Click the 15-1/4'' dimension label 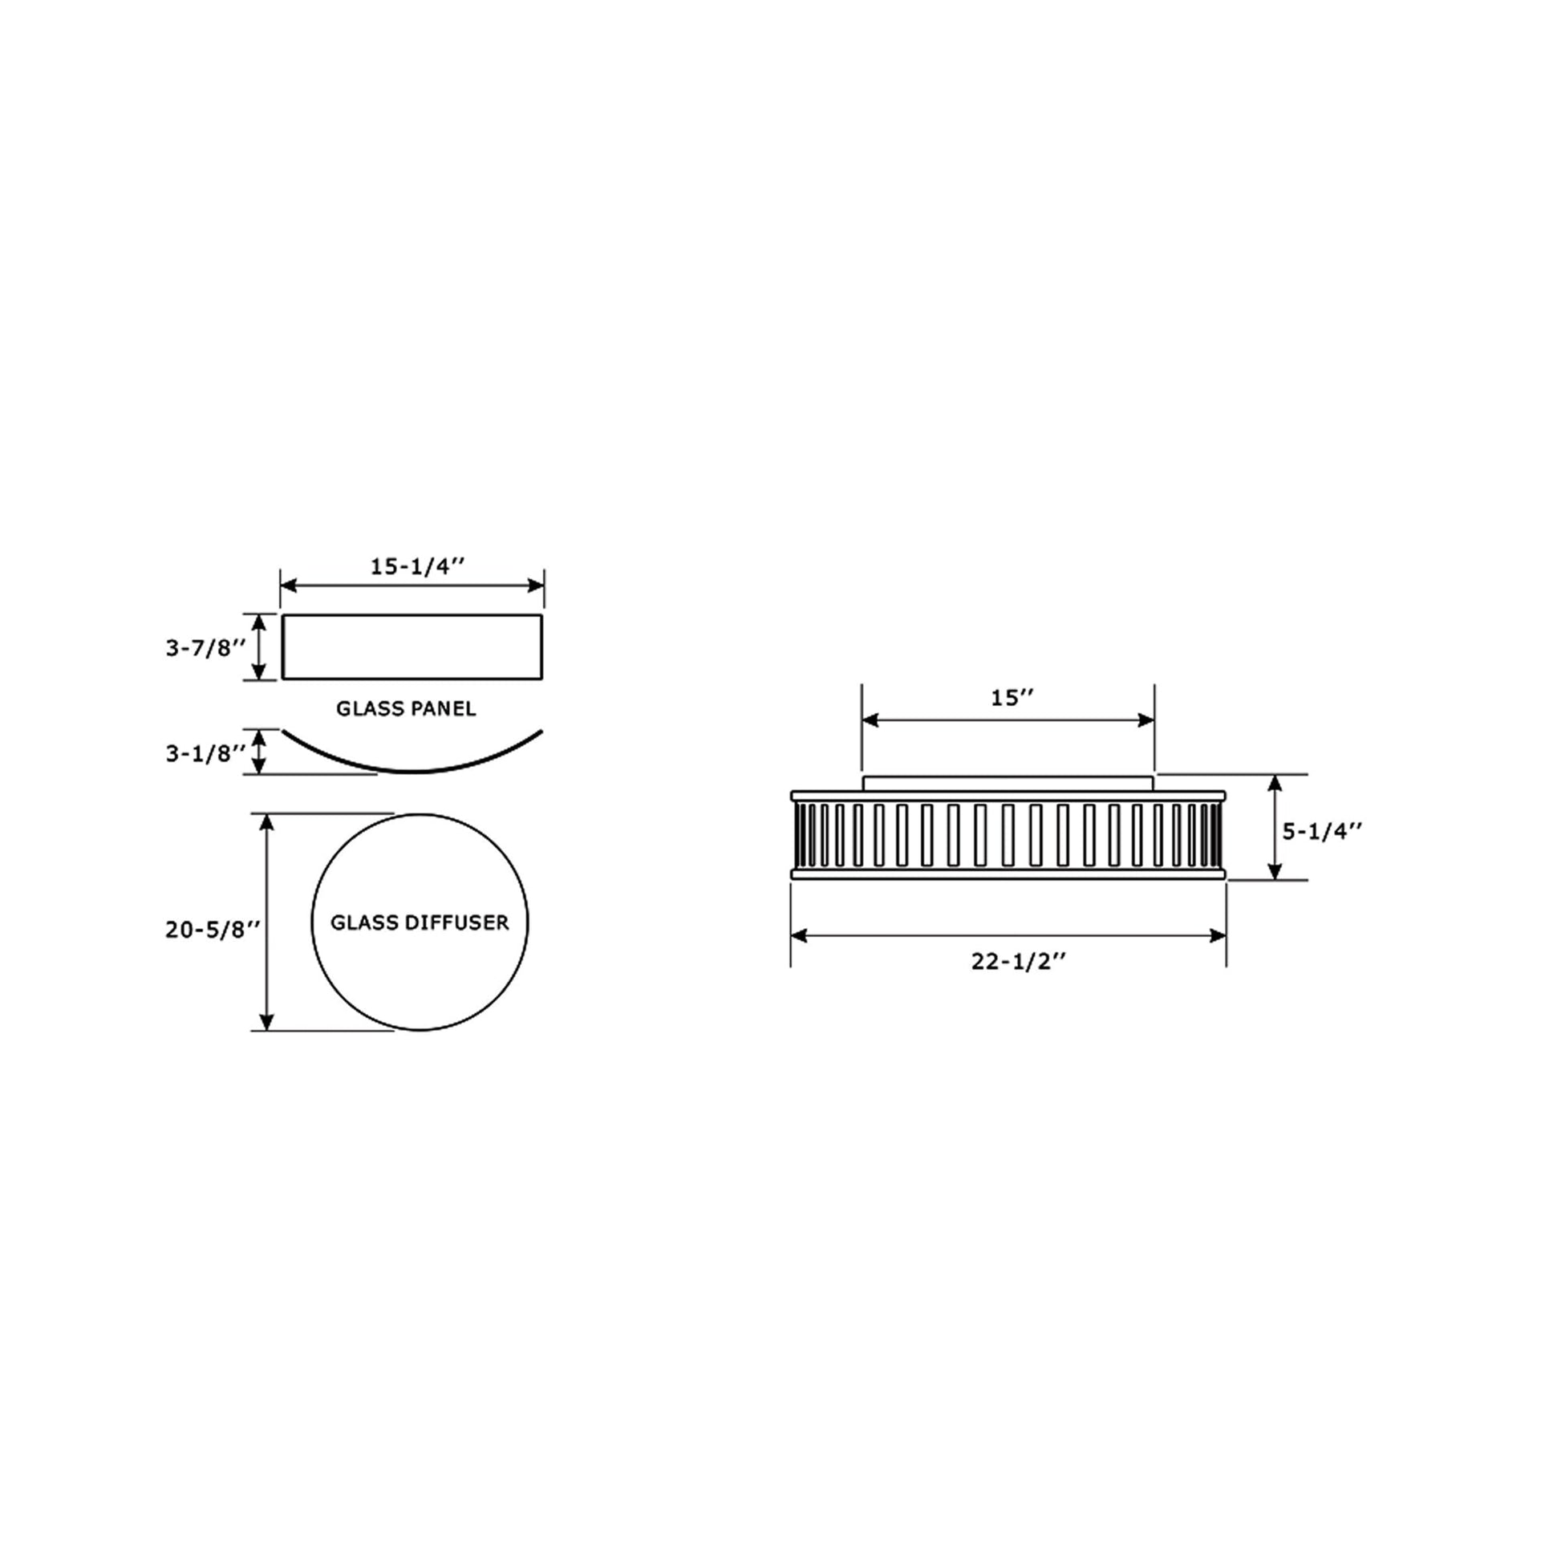click(418, 566)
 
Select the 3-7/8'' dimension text click(205, 648)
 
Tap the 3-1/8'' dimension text click(205, 753)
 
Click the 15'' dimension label click(1013, 698)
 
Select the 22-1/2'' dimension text click(1019, 962)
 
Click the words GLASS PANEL click(407, 708)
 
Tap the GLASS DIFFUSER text click(420, 922)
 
